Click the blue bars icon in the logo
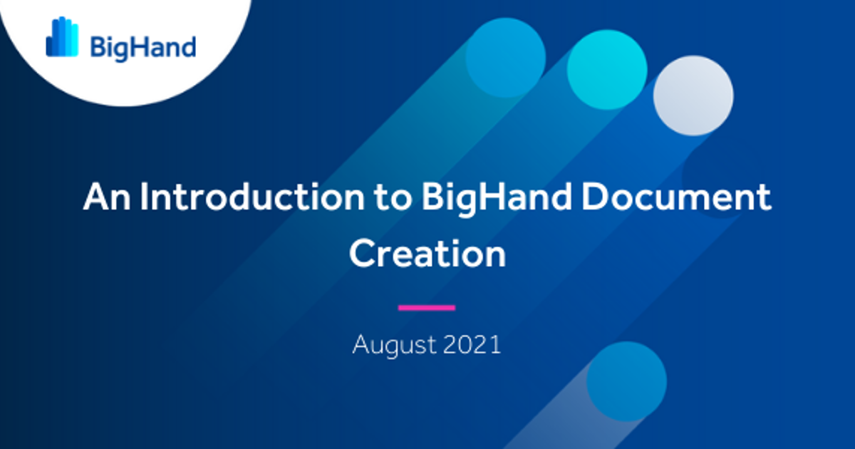[x=62, y=37]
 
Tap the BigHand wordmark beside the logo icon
[x=142, y=47]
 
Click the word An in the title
[x=105, y=197]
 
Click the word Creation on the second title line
[x=427, y=254]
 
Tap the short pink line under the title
[x=426, y=308]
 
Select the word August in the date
[x=394, y=346]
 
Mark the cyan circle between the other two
[x=607, y=70]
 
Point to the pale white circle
[x=693, y=96]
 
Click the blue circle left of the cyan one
[x=505, y=57]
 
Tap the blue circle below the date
[x=626, y=381]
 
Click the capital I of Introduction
[x=143, y=197]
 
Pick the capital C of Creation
[x=362, y=254]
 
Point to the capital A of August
[x=362, y=346]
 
